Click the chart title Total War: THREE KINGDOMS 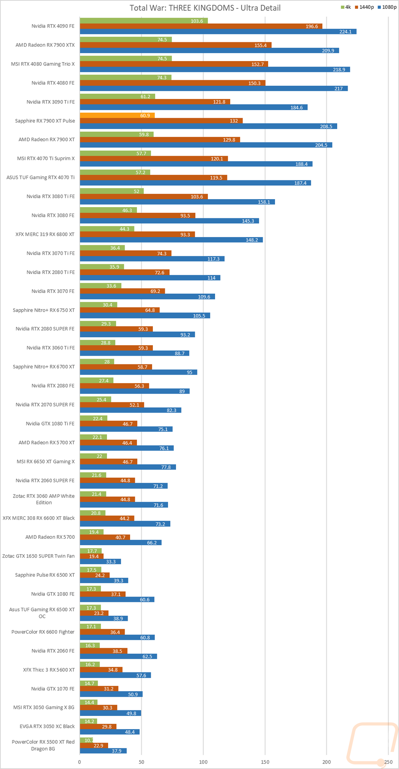pyautogui.click(x=205, y=8)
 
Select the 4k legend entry pyautogui.click(x=346, y=7)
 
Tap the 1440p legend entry pyautogui.click(x=364, y=7)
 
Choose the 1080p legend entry pyautogui.click(x=387, y=7)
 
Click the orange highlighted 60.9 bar pyautogui.click(x=117, y=116)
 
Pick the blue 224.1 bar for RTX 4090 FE pyautogui.click(x=218, y=32)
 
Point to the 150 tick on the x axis pyautogui.click(x=265, y=762)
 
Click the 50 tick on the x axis pyautogui.click(x=142, y=762)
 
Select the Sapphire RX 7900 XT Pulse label pyautogui.click(x=45, y=121)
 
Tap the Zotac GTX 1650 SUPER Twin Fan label pyautogui.click(x=38, y=556)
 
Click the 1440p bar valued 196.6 pyautogui.click(x=201, y=26)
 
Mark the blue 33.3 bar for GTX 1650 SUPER pyautogui.click(x=100, y=561)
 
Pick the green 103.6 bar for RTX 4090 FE pyautogui.click(x=144, y=21)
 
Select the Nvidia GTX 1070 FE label pyautogui.click(x=53, y=689)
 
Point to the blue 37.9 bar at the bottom pyautogui.click(x=103, y=751)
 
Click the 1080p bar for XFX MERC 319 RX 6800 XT pyautogui.click(x=171, y=240)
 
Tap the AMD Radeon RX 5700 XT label pyautogui.click(x=47, y=443)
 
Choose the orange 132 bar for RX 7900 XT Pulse pyautogui.click(x=161, y=121)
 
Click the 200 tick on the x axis pyautogui.click(x=327, y=762)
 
